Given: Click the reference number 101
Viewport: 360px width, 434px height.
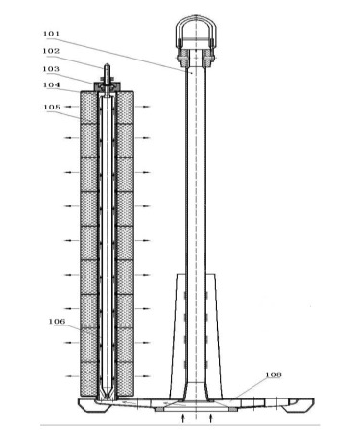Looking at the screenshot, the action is [51, 34].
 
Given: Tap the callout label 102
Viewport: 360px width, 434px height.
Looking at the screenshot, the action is [51, 51].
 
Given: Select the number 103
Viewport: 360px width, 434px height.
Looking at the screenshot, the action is [51, 69].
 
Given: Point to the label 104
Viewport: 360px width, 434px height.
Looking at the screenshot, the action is [51, 84].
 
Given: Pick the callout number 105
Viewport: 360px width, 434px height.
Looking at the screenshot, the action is [52, 107].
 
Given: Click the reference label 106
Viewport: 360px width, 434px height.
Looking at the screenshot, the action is [57, 321].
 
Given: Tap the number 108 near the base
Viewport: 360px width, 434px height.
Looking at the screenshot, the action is [274, 374].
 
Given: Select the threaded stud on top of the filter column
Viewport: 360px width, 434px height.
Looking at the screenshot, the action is [107, 73].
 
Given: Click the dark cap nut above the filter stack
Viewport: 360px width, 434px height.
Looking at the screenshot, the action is [107, 86].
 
